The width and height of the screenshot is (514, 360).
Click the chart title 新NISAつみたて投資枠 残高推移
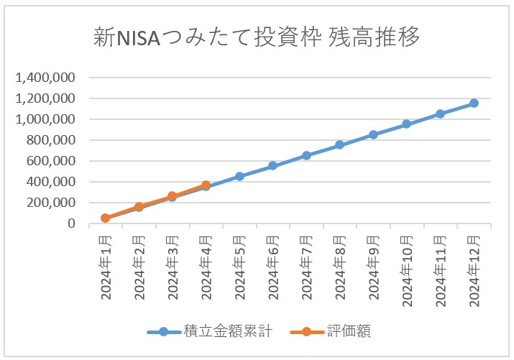(257, 37)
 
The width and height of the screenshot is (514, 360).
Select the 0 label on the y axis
(72, 223)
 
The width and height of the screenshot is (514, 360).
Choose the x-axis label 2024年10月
(407, 273)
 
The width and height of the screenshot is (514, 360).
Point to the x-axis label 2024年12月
(474, 273)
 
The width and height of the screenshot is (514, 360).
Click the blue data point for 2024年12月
(474, 103)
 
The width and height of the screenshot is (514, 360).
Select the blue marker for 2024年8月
(340, 145)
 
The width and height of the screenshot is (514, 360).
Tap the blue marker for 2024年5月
(239, 176)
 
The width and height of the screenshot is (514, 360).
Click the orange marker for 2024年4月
(206, 185)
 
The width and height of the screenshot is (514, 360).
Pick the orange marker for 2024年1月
(106, 218)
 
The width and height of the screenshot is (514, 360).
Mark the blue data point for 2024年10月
(407, 124)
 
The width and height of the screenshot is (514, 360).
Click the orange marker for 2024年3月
(173, 196)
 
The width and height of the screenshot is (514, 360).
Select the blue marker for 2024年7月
(306, 155)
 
